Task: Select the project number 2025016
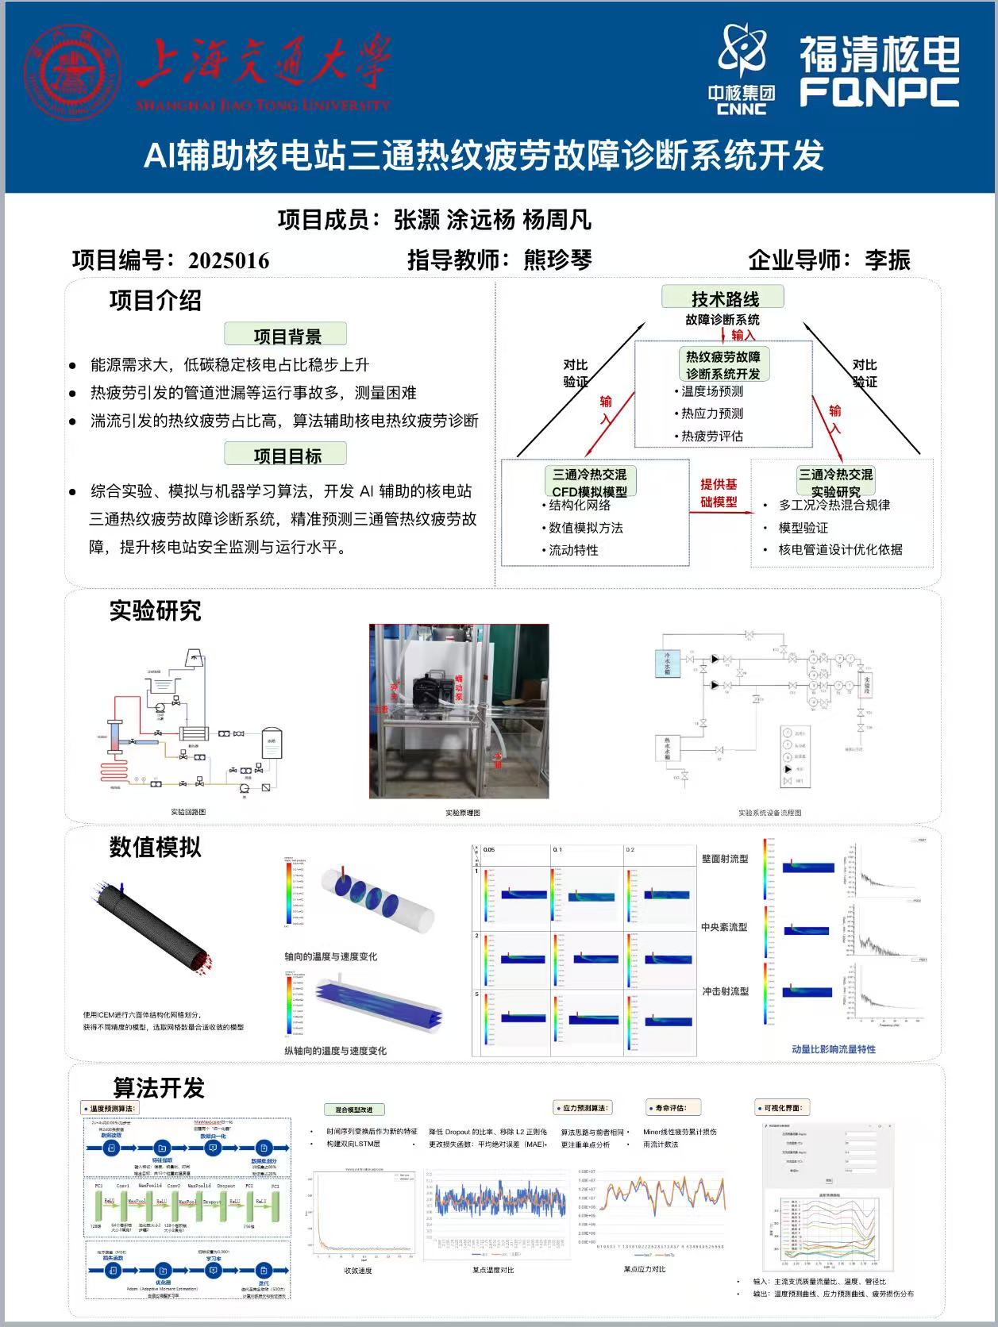229,260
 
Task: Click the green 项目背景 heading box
286,336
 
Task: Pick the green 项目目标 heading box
286,455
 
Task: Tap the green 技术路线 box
724,298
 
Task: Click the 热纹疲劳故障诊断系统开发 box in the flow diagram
722,365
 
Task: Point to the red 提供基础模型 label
719,493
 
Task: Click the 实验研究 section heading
155,610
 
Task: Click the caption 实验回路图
188,812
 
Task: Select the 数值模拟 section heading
155,847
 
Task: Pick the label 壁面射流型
724,859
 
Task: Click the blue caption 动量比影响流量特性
833,1048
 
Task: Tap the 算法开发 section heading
159,1087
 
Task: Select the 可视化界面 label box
782,1108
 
